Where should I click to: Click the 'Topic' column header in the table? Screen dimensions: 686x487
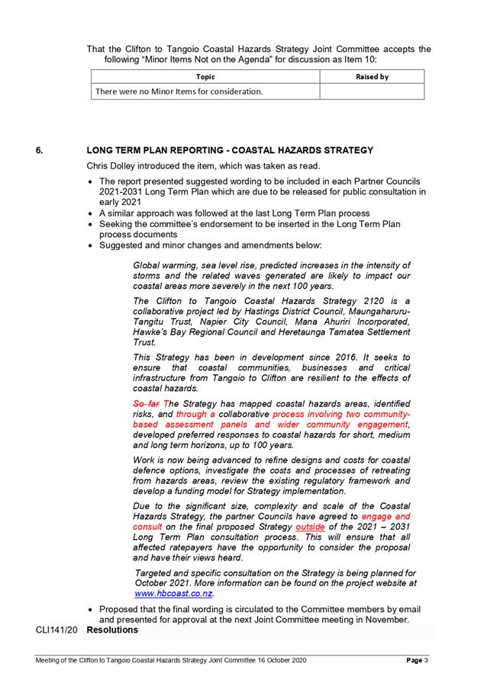pos(205,77)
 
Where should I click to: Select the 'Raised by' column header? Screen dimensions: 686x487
pos(372,77)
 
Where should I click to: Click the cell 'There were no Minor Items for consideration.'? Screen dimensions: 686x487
pos(179,92)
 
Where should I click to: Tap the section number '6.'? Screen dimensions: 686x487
pos(40,151)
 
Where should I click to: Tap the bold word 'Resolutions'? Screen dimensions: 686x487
pos(112,631)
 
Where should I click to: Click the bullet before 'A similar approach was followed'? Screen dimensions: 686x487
pos(91,213)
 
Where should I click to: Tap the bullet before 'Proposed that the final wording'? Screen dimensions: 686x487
pos(91,610)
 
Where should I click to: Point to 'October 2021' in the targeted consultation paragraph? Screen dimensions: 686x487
pos(163,582)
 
